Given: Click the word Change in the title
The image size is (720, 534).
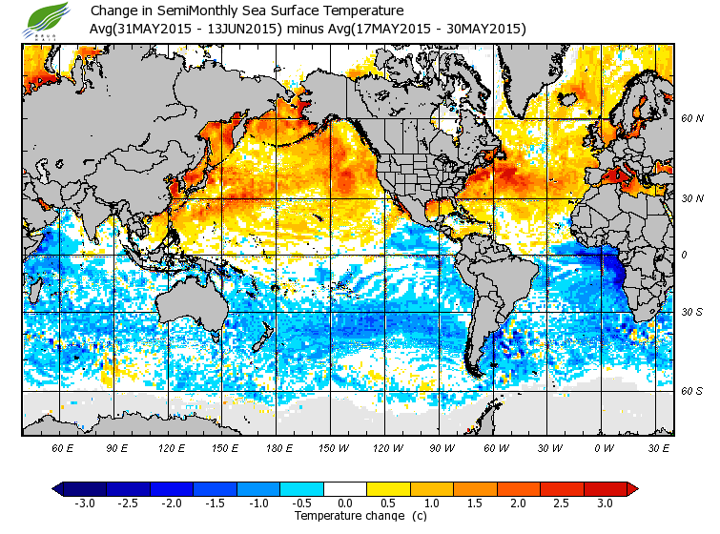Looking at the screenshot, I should [114, 11].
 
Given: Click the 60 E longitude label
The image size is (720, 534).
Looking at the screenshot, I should [62, 447].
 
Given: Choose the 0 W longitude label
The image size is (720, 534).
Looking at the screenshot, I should [605, 447].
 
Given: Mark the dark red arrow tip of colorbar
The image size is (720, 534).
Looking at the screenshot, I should [632, 489].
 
